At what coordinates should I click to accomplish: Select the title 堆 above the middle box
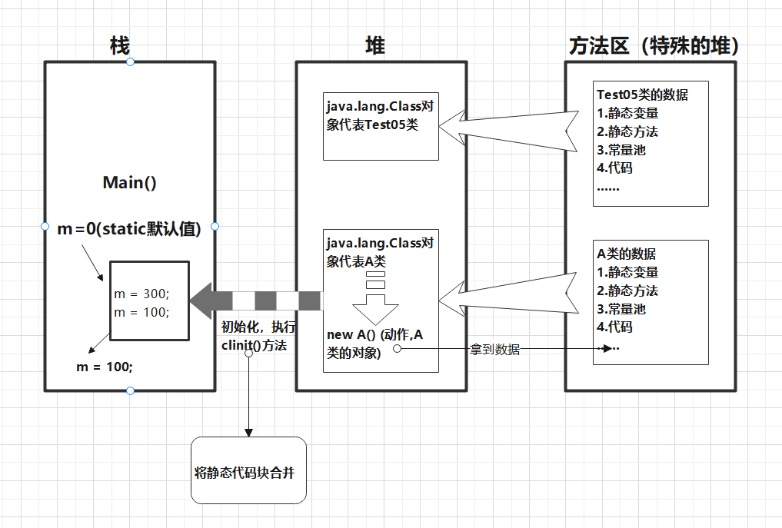(x=374, y=47)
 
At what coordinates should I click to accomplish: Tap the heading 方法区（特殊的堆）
(x=654, y=47)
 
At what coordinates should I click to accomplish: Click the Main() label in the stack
(x=129, y=183)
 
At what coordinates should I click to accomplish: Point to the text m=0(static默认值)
(x=129, y=228)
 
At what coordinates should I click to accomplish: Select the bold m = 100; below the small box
(x=105, y=367)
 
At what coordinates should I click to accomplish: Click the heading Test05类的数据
(x=642, y=95)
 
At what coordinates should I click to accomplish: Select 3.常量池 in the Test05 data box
(x=621, y=149)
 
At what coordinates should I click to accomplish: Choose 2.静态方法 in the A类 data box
(x=627, y=291)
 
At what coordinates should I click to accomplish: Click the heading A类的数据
(x=627, y=254)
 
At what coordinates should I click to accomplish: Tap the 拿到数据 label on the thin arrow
(x=494, y=350)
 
